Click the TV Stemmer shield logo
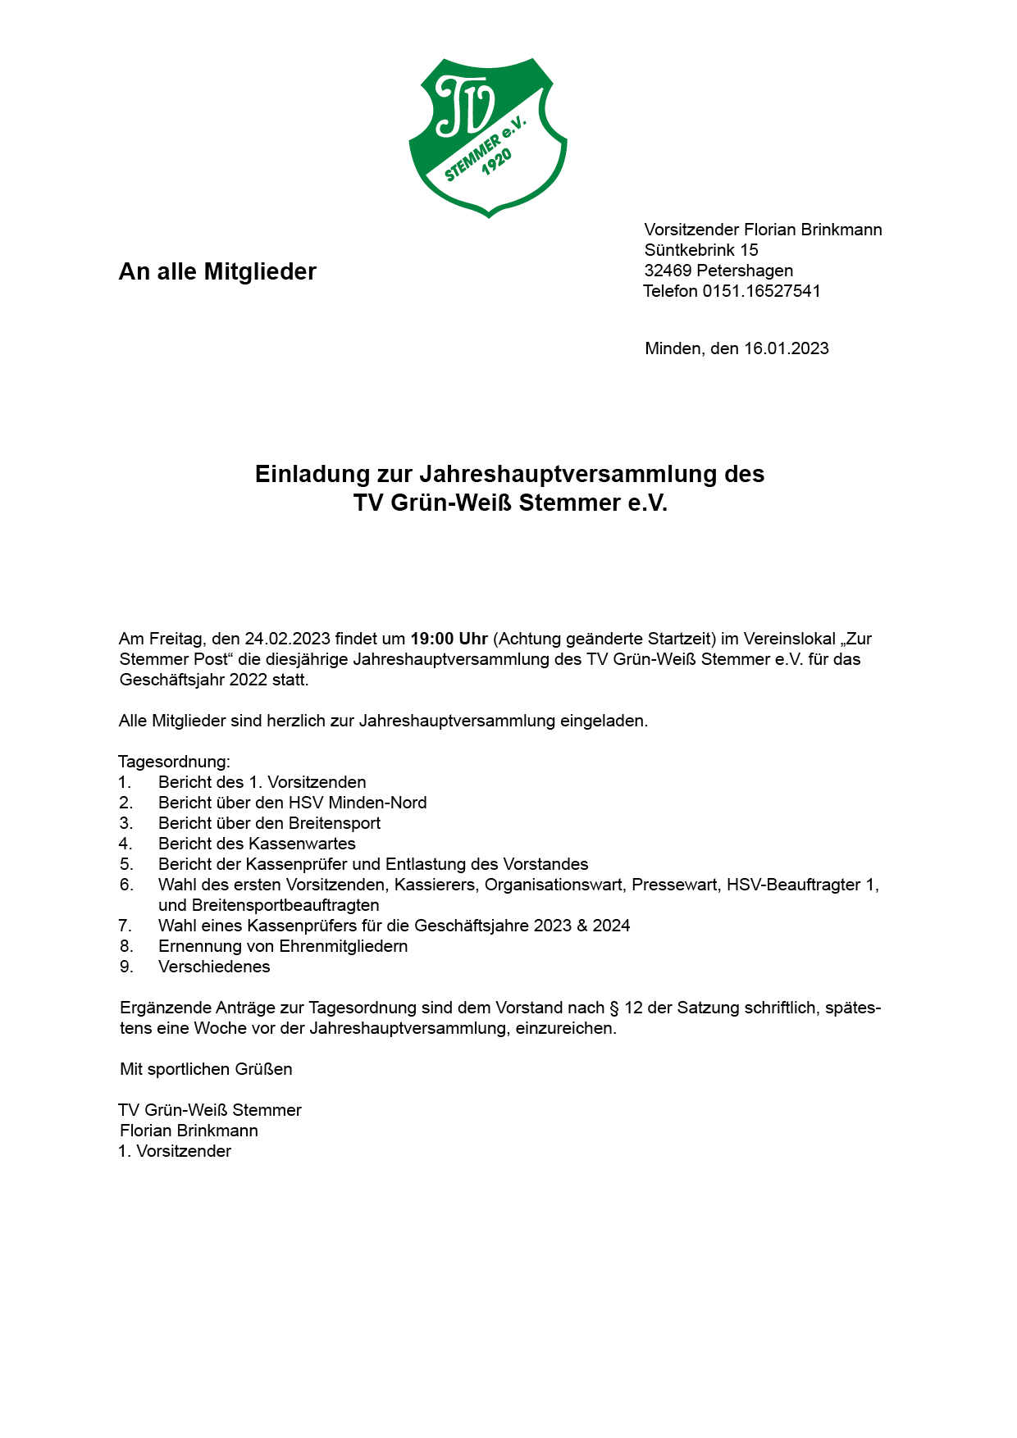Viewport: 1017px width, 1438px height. tap(488, 137)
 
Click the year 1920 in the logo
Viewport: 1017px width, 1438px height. tap(497, 162)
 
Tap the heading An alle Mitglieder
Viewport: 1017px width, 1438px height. tap(217, 271)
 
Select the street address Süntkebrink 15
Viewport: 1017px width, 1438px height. tap(701, 250)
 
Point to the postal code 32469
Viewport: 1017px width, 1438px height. tap(668, 271)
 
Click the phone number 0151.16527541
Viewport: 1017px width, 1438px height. tap(761, 291)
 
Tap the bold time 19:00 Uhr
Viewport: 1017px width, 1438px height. tap(449, 639)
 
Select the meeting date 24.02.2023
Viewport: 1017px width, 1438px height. tap(287, 639)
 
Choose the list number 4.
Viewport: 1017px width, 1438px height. tap(125, 844)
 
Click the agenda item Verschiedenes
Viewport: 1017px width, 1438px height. tap(214, 967)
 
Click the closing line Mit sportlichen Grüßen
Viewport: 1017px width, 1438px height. tap(206, 1069)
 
